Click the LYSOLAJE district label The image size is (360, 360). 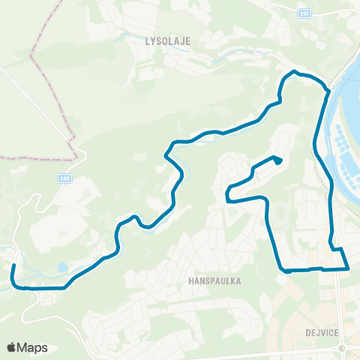coord(166,43)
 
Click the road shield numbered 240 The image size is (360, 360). coord(65,178)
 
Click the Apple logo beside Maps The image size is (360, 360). coord(12,347)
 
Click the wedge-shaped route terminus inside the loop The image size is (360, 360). coord(277,160)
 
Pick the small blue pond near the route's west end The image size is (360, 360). coord(61,266)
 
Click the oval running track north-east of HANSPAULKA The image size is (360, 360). coord(262,268)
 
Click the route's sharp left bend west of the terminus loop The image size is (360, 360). coord(227,199)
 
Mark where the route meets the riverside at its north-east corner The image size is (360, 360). coord(327,90)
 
